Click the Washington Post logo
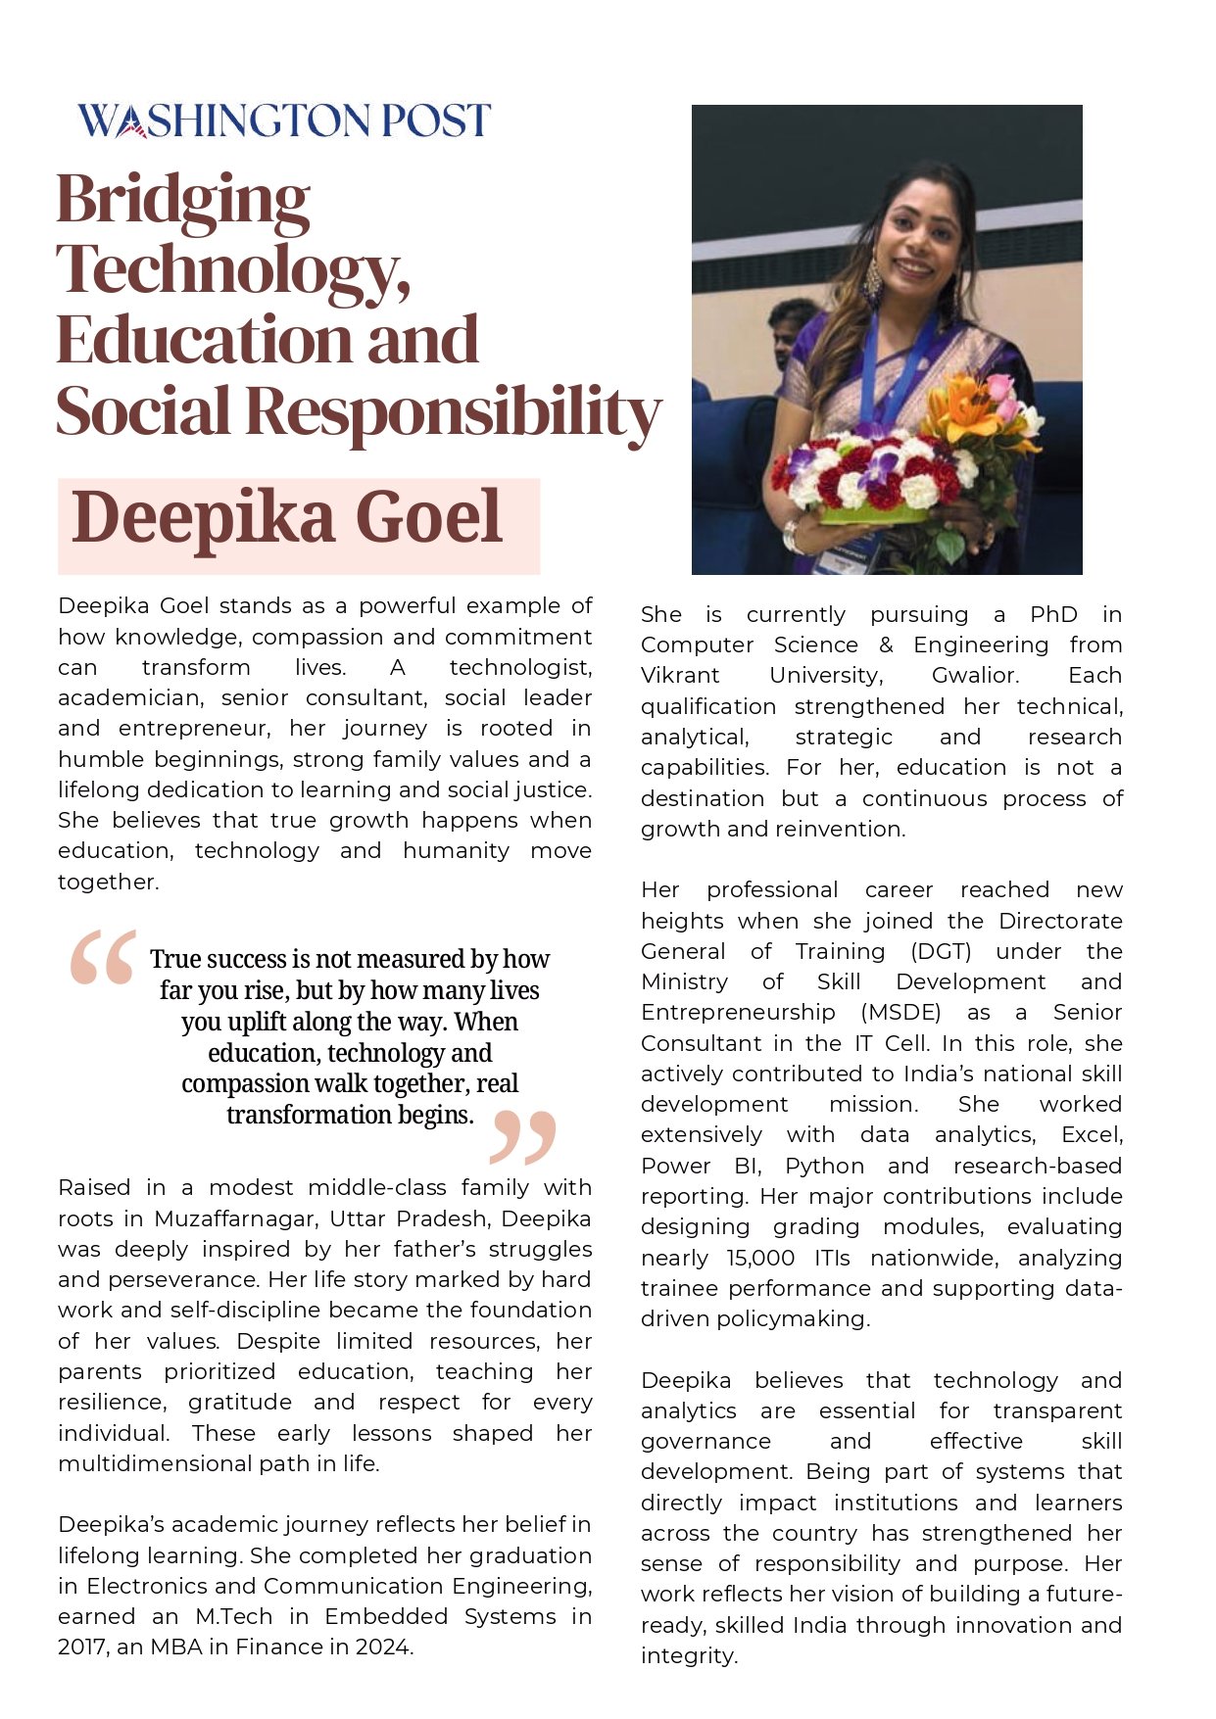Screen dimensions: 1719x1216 pyautogui.click(x=283, y=120)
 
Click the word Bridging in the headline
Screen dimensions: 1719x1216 pyautogui.click(x=183, y=201)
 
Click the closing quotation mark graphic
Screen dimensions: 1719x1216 pyautogui.click(x=523, y=1136)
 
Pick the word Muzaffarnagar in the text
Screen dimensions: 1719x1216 pyautogui.click(x=236, y=1218)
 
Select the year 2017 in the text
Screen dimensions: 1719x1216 pyautogui.click(x=82, y=1647)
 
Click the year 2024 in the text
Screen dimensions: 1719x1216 pyautogui.click(x=383, y=1647)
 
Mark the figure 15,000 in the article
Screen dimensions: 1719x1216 pyautogui.click(x=760, y=1258)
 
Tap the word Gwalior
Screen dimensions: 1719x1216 pyautogui.click(x=975, y=676)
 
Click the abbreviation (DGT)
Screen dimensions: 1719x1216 pyautogui.click(x=941, y=952)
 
